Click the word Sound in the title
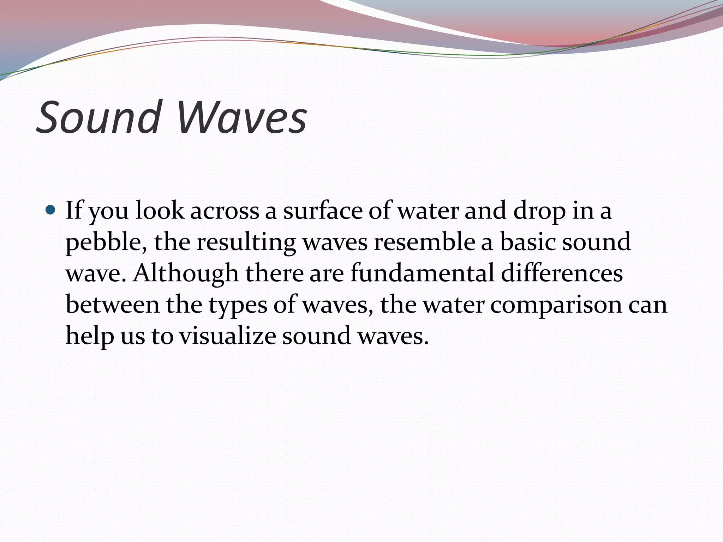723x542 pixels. pyautogui.click(x=98, y=118)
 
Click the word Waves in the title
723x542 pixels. pyautogui.click(x=242, y=118)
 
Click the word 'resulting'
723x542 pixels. pyautogui.click(x=246, y=243)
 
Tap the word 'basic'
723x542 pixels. pyautogui.click(x=528, y=242)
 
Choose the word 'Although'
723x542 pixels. pyautogui.click(x=186, y=273)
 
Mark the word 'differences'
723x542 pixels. pyautogui.click(x=562, y=273)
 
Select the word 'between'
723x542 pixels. pyautogui.click(x=113, y=305)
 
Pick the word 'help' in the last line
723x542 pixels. pyautogui.click(x=90, y=336)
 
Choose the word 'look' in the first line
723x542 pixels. pyautogui.click(x=160, y=211)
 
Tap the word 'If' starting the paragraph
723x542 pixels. pyautogui.click(x=73, y=211)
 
